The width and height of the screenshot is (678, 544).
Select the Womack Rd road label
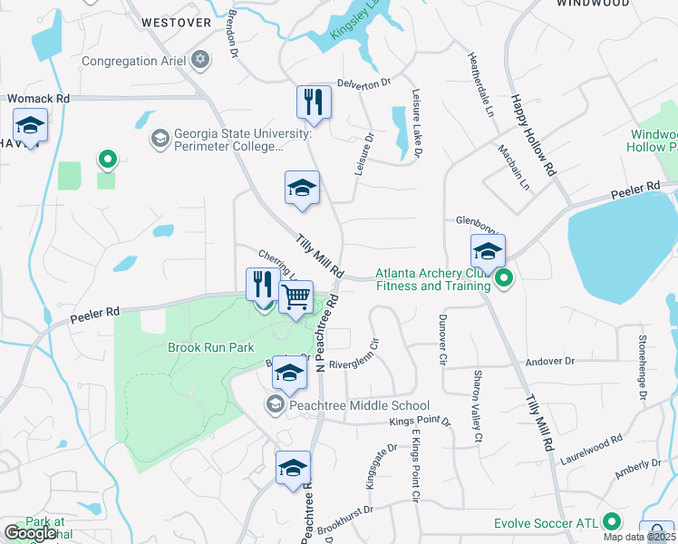[x=38, y=98]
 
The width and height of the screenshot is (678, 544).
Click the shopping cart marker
[x=295, y=297]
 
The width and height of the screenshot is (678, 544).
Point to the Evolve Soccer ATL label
[x=547, y=523]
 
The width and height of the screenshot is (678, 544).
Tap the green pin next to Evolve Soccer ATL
[x=613, y=522]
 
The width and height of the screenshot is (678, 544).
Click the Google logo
[x=30, y=533]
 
